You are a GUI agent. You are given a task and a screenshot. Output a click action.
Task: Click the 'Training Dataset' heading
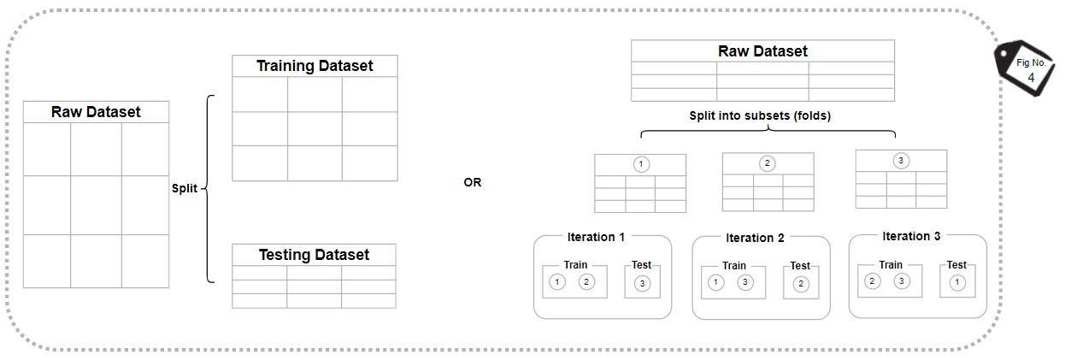(x=315, y=66)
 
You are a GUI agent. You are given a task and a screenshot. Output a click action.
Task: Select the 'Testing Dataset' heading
(x=314, y=255)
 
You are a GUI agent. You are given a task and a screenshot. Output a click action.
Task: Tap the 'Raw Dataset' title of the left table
(x=96, y=112)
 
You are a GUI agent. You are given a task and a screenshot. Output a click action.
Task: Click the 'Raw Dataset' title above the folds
(x=762, y=51)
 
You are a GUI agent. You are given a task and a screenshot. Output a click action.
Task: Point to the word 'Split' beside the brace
(x=184, y=188)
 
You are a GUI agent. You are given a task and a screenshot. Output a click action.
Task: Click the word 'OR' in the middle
(x=472, y=182)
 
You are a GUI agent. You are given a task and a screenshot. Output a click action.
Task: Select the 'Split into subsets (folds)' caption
(x=760, y=115)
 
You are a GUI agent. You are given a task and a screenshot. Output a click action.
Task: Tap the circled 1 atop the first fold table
(x=640, y=164)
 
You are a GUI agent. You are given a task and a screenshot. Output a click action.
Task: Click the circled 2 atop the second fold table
(x=768, y=163)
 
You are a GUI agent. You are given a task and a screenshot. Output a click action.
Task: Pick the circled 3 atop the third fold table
(x=900, y=160)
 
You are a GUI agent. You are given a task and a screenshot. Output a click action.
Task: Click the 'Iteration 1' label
(x=596, y=237)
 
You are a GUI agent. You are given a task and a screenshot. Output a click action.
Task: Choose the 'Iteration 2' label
(x=755, y=238)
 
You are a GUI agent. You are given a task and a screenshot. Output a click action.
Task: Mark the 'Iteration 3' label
(x=911, y=236)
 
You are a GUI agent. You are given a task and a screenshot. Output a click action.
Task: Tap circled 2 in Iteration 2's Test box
(x=800, y=284)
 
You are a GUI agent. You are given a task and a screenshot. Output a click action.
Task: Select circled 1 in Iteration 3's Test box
(x=956, y=282)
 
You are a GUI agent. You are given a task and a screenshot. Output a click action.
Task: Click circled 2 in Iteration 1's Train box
(x=586, y=281)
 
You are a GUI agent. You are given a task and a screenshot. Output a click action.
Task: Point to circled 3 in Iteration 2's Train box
(x=745, y=282)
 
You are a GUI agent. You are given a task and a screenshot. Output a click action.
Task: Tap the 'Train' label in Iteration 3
(x=890, y=265)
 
